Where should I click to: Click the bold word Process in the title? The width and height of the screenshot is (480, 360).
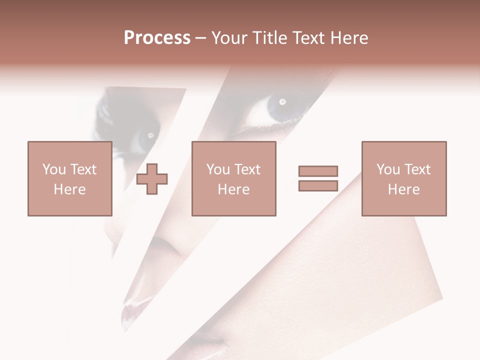tap(157, 38)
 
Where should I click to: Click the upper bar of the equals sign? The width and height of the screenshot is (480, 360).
tap(318, 171)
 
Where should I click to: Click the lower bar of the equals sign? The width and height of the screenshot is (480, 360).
tap(318, 185)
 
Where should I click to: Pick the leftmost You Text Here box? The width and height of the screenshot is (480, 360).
tap(69, 178)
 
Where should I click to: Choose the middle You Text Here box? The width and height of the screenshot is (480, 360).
tap(233, 178)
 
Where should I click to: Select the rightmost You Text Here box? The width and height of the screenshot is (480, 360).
tap(403, 178)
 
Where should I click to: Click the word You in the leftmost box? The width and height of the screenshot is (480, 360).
tap(54, 169)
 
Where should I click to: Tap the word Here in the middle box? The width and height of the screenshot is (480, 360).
tap(233, 189)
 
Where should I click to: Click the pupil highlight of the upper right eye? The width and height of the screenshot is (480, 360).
tap(282, 102)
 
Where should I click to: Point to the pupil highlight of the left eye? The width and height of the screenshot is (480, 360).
tap(150, 135)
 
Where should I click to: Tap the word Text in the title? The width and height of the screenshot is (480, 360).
tap(308, 38)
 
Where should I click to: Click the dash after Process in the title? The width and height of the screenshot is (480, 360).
tap(200, 38)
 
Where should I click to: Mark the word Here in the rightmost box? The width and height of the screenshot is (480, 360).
tap(403, 189)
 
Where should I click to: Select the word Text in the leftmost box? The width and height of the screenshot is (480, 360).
tap(83, 169)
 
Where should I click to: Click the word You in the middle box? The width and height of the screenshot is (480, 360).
tap(218, 169)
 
